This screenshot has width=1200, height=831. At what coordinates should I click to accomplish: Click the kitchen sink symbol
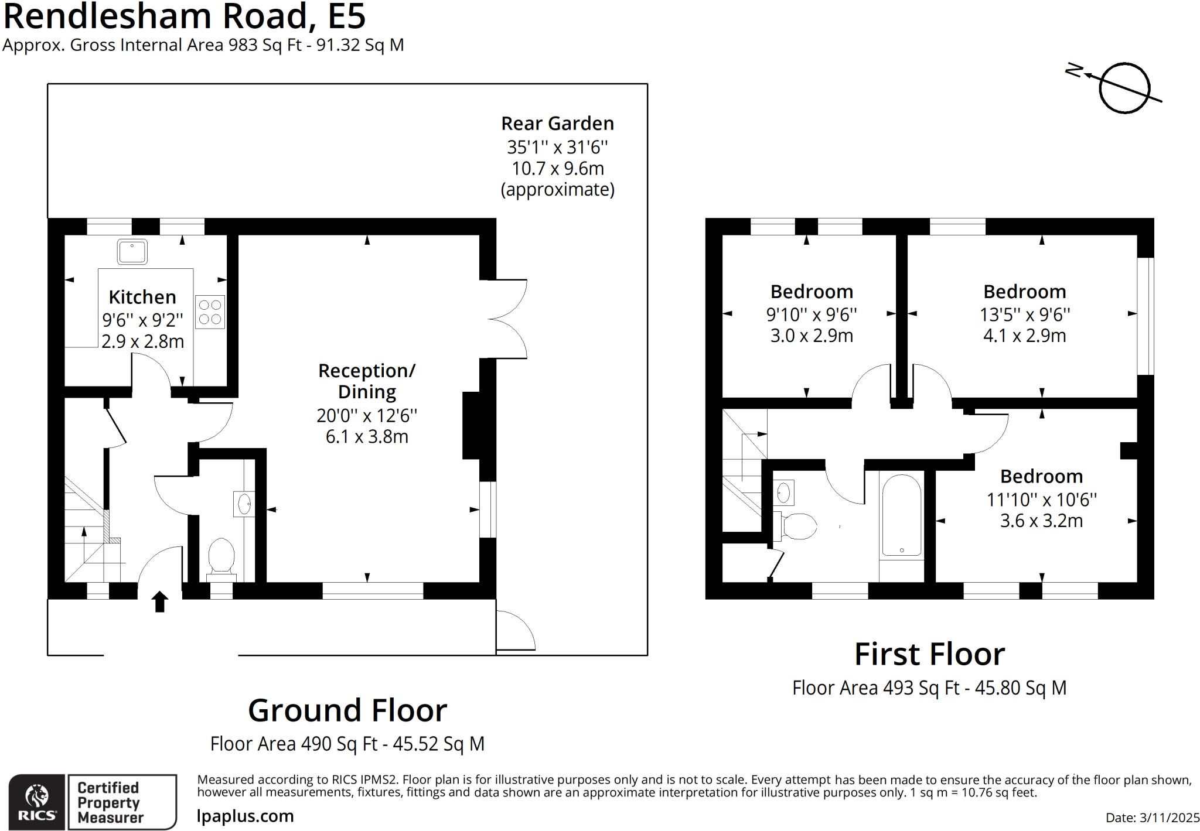coord(132,252)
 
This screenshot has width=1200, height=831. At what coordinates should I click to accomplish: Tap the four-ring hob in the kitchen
coord(210,312)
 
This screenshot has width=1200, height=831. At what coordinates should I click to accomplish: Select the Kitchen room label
coord(142,297)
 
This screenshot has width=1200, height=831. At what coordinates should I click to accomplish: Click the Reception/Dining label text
coord(367,381)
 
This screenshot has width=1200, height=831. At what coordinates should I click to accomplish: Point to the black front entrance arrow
coord(159,601)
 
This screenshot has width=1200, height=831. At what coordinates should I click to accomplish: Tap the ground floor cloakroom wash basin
coord(244,503)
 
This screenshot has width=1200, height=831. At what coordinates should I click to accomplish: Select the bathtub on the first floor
coord(901,515)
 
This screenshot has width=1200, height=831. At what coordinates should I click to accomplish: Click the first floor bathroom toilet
coord(798,526)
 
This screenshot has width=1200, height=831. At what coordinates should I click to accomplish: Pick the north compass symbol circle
coord(1124,88)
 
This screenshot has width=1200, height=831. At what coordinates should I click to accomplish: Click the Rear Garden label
coord(557,124)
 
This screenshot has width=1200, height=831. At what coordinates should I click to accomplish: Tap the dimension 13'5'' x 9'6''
coord(1025,314)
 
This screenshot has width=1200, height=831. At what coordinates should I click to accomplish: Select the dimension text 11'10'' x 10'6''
coord(1041,500)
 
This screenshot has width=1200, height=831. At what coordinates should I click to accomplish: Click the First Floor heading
coord(929,654)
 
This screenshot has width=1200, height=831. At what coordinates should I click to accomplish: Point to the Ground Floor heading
coord(347,710)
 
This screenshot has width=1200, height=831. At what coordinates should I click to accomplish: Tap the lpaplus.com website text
coord(245,816)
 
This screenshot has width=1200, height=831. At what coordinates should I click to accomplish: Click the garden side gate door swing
coord(514,631)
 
